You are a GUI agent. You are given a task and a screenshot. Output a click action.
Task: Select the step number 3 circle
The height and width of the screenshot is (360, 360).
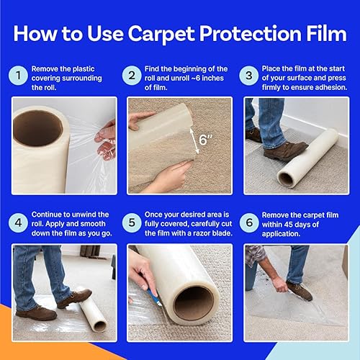pyautogui.click(x=249, y=74)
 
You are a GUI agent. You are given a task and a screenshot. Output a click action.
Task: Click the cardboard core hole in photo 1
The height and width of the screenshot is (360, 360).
pyautogui.click(x=37, y=127)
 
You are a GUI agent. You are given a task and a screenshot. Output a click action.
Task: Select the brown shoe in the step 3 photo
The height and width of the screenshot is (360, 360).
pyautogui.click(x=285, y=150)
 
